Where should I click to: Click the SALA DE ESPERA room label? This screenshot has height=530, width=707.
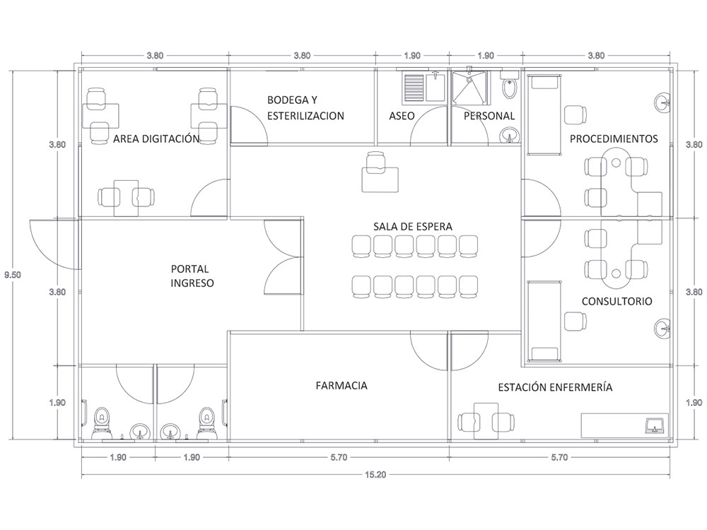click(413, 226)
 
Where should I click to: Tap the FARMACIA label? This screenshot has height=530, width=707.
click(341, 386)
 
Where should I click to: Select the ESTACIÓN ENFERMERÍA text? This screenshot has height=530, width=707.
click(555, 387)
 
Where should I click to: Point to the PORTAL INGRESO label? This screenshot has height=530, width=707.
click(192, 276)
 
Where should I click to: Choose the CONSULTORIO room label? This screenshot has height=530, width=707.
click(617, 302)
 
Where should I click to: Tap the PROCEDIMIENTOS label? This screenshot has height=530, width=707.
click(614, 139)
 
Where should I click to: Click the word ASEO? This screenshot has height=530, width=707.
click(402, 116)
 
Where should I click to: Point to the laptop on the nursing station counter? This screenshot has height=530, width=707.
click(655, 425)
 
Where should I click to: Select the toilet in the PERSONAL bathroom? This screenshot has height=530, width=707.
click(509, 88)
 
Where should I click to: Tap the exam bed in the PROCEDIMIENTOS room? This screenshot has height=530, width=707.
click(542, 114)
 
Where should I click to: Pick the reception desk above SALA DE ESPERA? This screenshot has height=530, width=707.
click(380, 177)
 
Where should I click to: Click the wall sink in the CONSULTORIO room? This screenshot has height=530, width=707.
click(662, 327)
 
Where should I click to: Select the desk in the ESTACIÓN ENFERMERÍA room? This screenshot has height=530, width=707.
click(484, 420)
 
